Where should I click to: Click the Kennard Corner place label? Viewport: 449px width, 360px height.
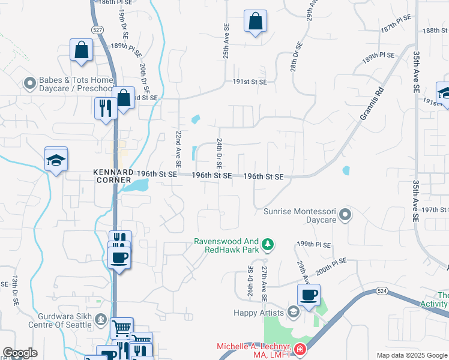point(112,176)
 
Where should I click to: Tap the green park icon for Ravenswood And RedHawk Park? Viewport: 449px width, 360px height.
point(268,244)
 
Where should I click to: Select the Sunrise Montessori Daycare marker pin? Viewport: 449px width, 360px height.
point(345,214)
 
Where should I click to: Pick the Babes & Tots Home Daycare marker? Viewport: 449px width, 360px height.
point(28,83)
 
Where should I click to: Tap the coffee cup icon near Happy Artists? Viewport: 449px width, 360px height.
point(309,295)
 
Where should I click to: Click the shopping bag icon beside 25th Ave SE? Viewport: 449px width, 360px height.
point(255,21)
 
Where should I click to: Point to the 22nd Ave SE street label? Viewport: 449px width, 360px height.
point(178,149)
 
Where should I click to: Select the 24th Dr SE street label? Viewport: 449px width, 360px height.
point(220,153)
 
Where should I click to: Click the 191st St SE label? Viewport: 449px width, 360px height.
point(241,82)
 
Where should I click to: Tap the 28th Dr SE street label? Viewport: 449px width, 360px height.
point(295,57)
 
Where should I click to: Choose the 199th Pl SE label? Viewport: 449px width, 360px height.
point(313,244)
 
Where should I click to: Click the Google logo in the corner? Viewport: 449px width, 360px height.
point(20,353)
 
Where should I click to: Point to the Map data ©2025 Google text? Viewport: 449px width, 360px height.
point(411,355)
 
